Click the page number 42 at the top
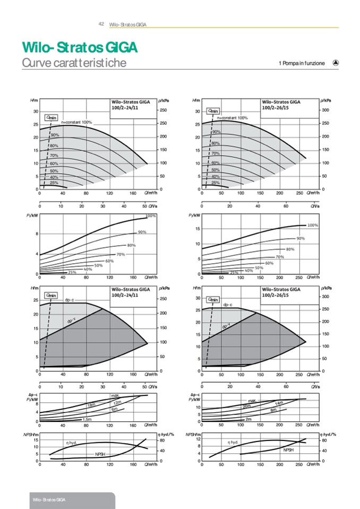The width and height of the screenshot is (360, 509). click(x=101, y=24)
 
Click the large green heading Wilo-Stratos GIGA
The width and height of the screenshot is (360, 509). click(x=80, y=48)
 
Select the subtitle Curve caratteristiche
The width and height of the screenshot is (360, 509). click(x=74, y=63)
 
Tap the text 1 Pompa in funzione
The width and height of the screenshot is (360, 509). click(x=301, y=63)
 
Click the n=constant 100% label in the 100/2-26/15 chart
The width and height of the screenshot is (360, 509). click(x=233, y=118)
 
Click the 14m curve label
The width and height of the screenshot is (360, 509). click(x=279, y=404)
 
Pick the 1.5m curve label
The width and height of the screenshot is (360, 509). click(x=87, y=419)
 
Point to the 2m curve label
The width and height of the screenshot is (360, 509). click(x=248, y=419)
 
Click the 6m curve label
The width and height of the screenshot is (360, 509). click(x=114, y=409)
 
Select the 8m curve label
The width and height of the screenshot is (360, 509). click(x=273, y=410)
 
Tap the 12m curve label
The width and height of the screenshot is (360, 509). click(x=117, y=403)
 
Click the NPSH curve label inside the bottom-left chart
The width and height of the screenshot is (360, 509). click(x=100, y=454)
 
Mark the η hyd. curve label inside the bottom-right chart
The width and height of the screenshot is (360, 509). click(x=233, y=442)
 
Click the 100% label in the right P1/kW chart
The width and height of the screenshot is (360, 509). click(x=313, y=226)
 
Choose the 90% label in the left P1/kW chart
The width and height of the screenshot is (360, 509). click(x=142, y=232)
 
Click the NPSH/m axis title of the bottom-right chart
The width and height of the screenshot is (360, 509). click(x=193, y=435)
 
